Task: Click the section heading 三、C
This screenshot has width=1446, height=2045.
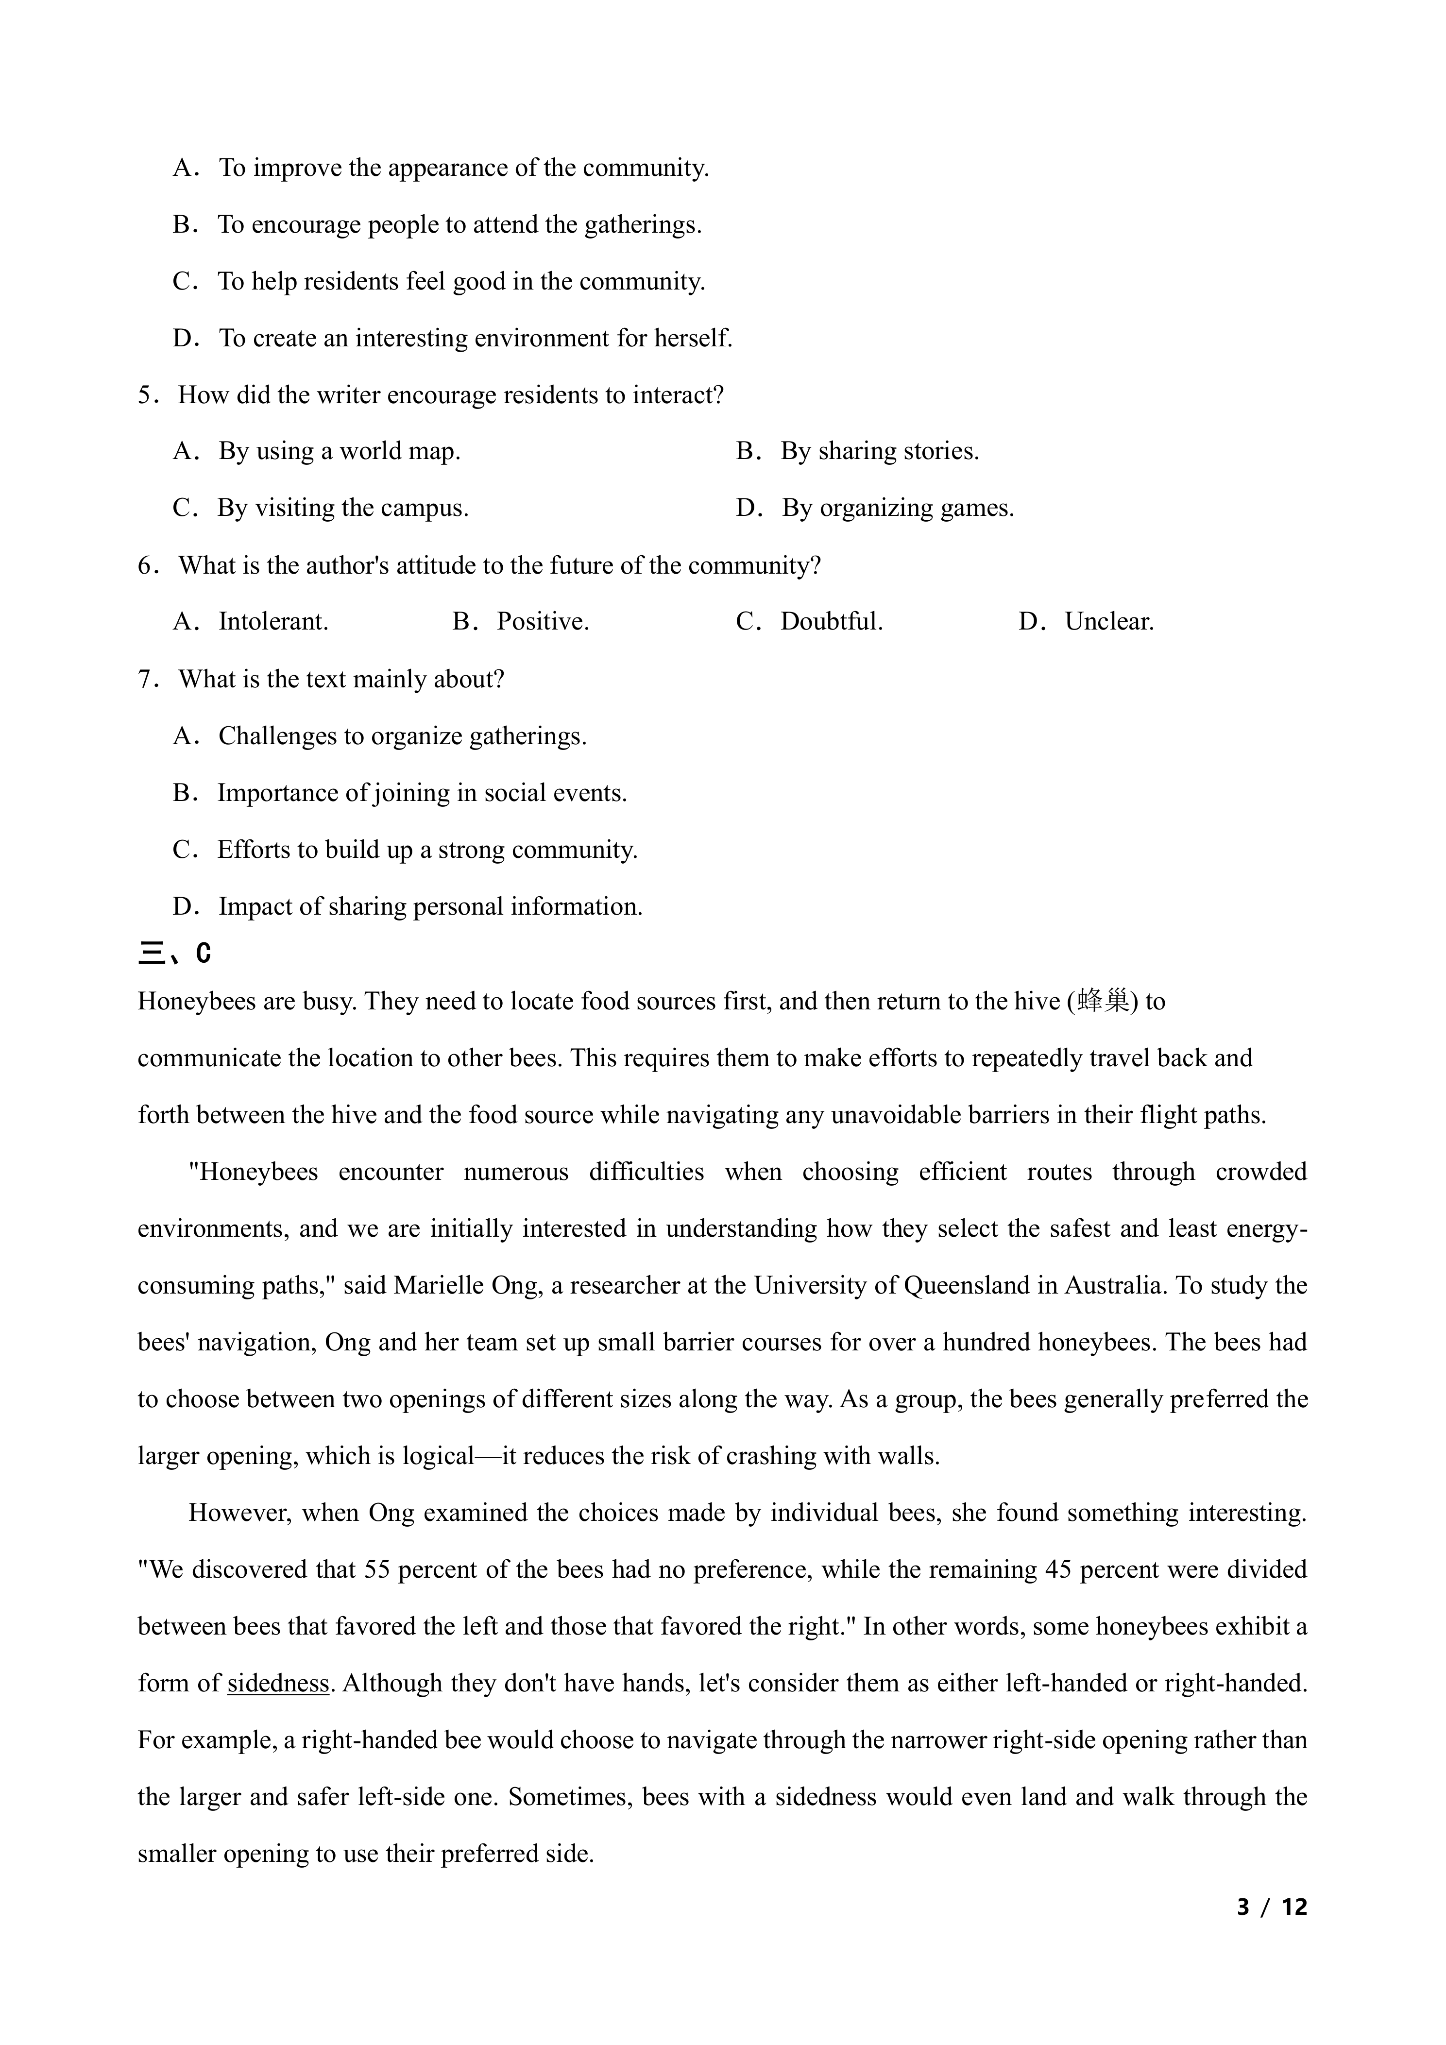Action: tap(174, 954)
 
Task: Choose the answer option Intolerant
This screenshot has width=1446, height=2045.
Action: tap(273, 622)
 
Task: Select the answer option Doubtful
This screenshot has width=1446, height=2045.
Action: tap(831, 622)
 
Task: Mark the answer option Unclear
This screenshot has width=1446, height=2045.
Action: tap(1108, 622)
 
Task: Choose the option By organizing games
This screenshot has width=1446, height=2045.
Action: tap(898, 509)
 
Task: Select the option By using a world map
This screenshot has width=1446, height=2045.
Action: tap(339, 452)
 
